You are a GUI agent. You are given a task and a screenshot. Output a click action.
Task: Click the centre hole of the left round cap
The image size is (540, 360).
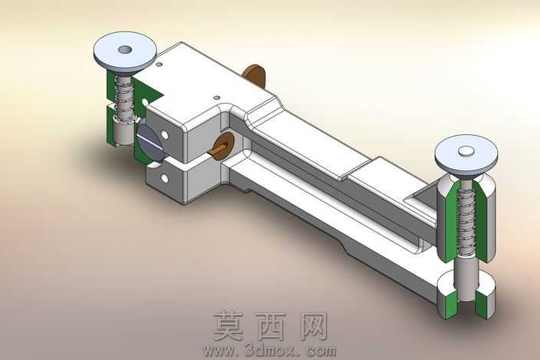click(x=125, y=50)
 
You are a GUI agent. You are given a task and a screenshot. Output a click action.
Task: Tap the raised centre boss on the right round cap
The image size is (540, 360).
click(x=466, y=150)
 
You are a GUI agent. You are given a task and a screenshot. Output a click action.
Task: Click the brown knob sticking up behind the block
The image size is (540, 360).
click(x=254, y=76)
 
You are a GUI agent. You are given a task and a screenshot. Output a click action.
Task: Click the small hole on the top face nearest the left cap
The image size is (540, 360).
click(x=159, y=64)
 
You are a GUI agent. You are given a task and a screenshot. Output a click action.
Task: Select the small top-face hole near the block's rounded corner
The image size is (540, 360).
click(x=216, y=97)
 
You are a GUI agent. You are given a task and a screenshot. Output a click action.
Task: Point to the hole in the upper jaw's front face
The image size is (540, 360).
click(x=165, y=134)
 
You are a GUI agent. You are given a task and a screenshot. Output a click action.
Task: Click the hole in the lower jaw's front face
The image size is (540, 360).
click(x=165, y=178)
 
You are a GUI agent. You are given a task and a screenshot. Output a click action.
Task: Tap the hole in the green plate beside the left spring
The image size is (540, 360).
click(x=145, y=102)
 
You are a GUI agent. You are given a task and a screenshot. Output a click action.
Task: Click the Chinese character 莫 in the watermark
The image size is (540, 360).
click(x=229, y=325)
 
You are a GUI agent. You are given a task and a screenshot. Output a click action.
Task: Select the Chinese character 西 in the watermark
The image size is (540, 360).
click(x=272, y=326)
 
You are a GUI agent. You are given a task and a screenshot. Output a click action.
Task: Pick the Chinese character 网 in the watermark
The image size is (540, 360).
click(x=314, y=326)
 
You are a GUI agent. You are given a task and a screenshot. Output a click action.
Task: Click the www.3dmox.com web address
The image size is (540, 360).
click(x=270, y=351)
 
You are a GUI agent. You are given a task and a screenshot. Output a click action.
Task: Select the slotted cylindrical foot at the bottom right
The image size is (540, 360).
click(x=466, y=296)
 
